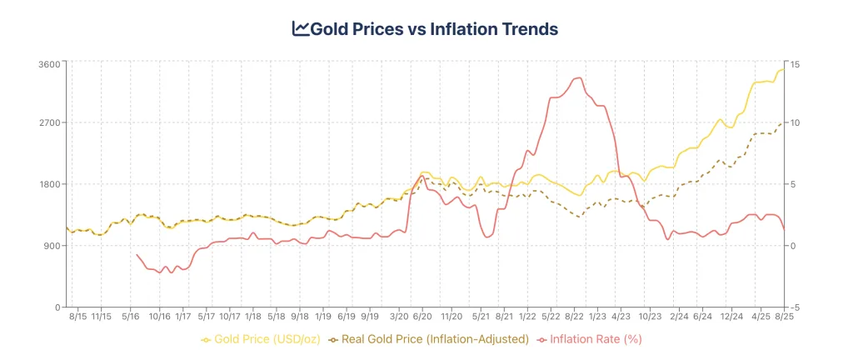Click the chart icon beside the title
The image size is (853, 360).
coord(301,29)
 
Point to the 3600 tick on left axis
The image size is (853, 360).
coord(51,64)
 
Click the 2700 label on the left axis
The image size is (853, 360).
coord(51,122)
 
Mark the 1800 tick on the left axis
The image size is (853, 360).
coord(51,184)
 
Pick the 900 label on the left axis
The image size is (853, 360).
coord(53,246)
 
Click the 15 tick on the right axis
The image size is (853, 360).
coord(796,64)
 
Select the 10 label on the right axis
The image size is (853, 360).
coord(796,122)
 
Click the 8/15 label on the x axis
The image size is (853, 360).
coord(77,317)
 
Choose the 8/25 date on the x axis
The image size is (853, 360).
coord(783,317)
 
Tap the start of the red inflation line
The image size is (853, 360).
coord(137,255)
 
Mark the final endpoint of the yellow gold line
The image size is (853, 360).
coord(784,70)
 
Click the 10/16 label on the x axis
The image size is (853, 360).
coord(160,317)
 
